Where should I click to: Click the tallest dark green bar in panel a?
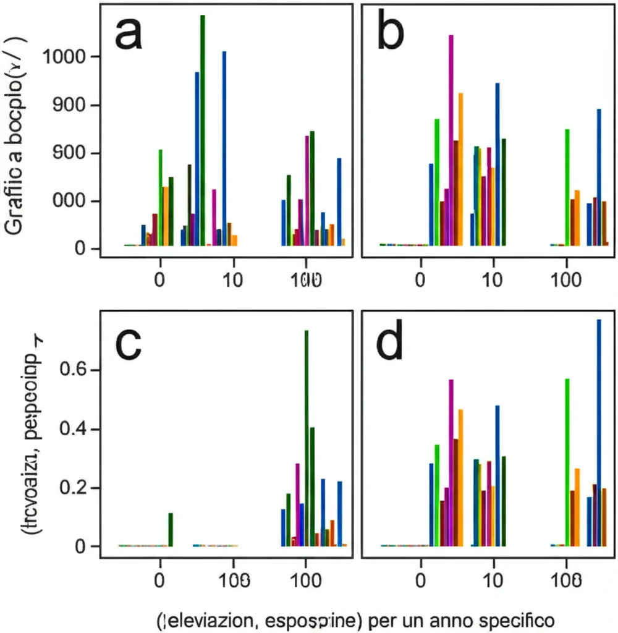[203, 130]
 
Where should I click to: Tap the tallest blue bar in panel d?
[598, 433]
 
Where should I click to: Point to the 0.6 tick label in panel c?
[73, 370]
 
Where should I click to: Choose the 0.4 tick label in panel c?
[73, 429]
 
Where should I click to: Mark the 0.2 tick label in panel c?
[73, 488]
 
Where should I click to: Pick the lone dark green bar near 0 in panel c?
[171, 530]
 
